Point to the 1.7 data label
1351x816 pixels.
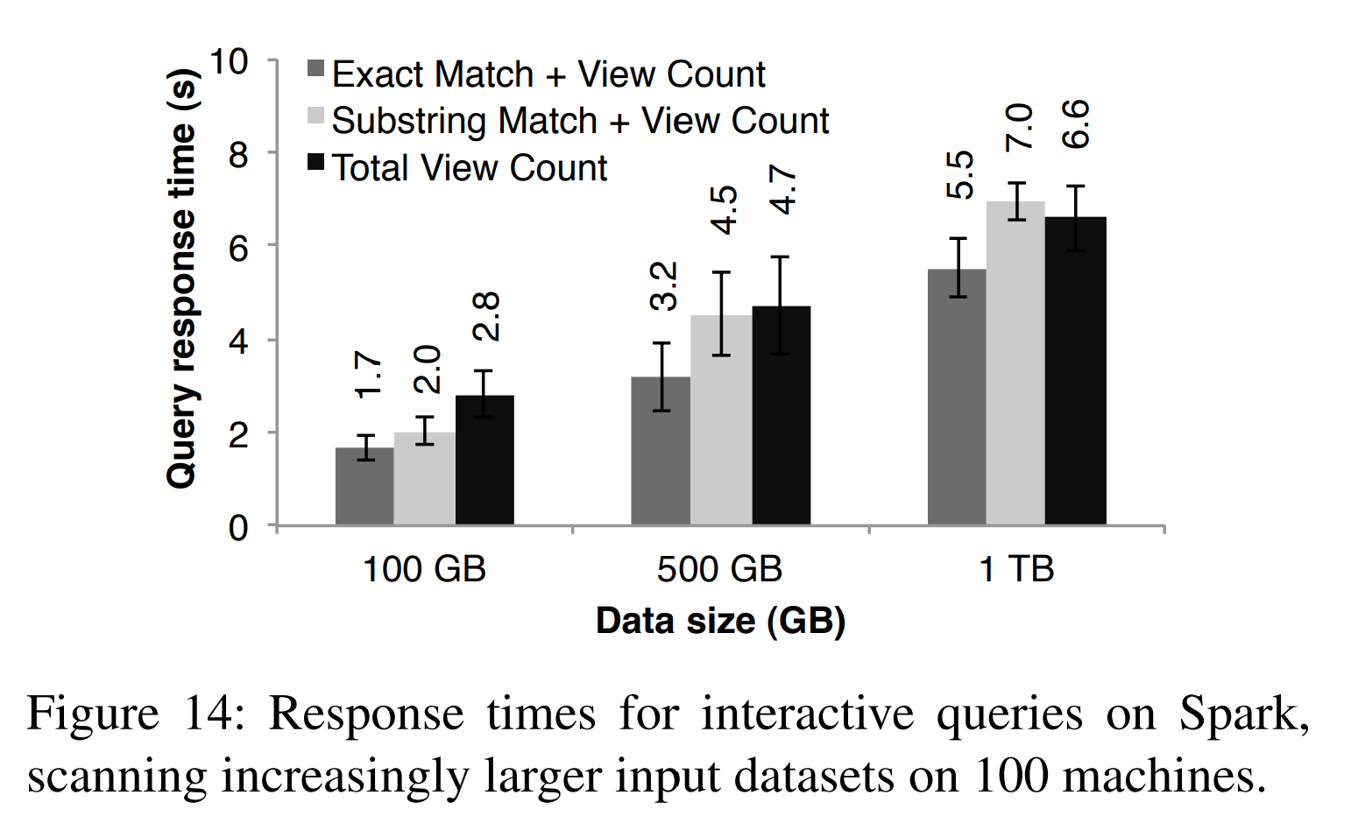tap(369, 374)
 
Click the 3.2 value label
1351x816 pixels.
tap(664, 285)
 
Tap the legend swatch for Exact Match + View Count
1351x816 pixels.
tap(316, 69)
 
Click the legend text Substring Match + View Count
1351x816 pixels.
tap(580, 121)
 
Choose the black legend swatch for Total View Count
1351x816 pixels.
tap(316, 162)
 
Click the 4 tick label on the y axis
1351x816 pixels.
tap(237, 341)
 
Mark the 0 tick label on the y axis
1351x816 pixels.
tap(237, 528)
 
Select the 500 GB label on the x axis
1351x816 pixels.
tap(719, 569)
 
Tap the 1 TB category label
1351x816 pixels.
tap(1015, 569)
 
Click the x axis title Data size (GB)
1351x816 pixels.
tap(720, 621)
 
